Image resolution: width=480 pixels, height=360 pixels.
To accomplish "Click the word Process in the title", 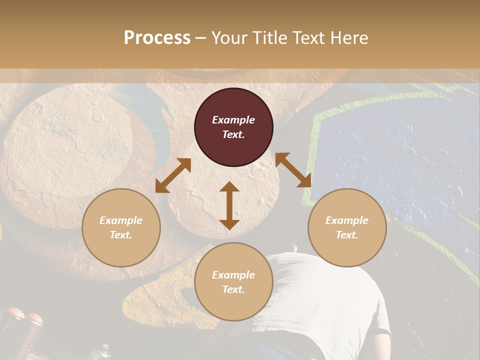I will (157, 38).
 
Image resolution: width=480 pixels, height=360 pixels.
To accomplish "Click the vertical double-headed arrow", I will (229, 205).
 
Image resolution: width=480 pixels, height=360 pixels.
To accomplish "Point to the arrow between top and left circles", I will (173, 175).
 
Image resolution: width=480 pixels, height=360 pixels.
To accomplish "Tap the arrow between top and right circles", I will (293, 170).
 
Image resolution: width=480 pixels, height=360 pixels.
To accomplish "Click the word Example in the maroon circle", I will (233, 120).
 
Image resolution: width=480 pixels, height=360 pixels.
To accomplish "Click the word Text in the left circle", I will (121, 235).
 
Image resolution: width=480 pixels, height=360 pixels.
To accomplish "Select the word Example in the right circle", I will (347, 220).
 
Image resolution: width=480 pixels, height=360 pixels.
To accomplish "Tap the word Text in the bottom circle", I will (233, 289).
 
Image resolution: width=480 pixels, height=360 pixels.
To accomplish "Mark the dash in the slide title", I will (200, 38).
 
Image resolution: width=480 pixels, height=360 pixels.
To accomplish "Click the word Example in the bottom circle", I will (233, 275).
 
